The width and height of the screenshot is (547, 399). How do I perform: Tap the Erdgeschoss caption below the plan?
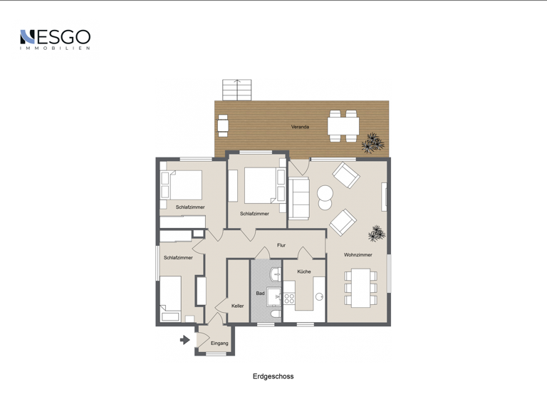[273, 376]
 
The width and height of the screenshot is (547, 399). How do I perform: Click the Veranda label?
[300, 127]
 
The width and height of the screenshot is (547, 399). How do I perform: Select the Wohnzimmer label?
[358, 254]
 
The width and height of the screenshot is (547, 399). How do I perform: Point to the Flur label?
[281, 245]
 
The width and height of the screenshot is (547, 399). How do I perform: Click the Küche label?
[304, 271]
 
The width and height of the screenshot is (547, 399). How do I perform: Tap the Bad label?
[260, 294]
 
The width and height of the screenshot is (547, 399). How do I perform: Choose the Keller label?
[238, 306]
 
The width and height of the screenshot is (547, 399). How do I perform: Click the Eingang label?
[219, 343]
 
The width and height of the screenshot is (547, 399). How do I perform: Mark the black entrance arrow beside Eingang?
[185, 340]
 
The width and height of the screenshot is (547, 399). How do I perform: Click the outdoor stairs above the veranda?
[236, 90]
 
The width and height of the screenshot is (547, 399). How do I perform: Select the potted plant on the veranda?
[373, 143]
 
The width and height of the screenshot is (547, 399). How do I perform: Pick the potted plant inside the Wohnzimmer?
[376, 233]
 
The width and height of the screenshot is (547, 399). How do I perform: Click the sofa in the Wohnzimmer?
[299, 199]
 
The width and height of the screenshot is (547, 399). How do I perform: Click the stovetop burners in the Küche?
[289, 299]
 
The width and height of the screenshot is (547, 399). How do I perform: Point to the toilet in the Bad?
[275, 313]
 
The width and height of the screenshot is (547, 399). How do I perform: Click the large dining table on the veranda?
[343, 126]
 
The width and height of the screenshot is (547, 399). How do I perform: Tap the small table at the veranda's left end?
[223, 125]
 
